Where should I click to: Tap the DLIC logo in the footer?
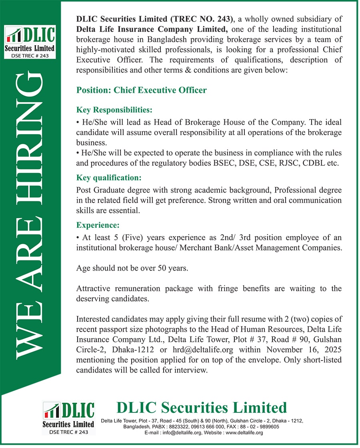click(x=69, y=418)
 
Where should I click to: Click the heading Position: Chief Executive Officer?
click(x=142, y=90)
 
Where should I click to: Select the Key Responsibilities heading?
click(x=114, y=110)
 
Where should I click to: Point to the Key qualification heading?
click(x=109, y=177)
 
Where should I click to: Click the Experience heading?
click(x=98, y=225)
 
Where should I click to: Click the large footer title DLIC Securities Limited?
click(x=202, y=408)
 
